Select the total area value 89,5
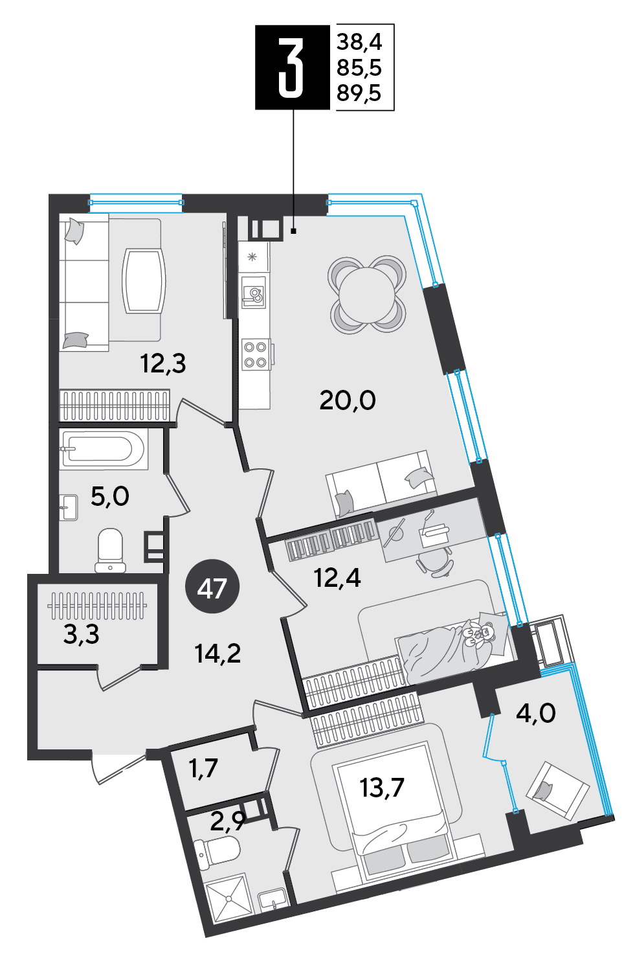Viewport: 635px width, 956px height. pos(359,93)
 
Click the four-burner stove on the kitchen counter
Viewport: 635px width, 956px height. pos(254,354)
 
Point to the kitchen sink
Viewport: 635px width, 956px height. pos(254,291)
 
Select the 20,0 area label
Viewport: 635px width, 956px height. pos(347,401)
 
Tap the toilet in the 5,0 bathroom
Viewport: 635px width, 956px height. pos(111,551)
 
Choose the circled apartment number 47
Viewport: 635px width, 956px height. pos(212,588)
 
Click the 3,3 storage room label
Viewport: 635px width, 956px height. pos(81,634)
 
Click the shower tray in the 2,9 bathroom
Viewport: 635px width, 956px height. pos(227,886)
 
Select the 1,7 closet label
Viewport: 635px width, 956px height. pos(203,768)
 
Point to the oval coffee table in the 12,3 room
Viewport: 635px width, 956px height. pos(144,281)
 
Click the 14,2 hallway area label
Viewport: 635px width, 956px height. pos(217,654)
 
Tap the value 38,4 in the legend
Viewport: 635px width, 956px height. pos(359,42)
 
